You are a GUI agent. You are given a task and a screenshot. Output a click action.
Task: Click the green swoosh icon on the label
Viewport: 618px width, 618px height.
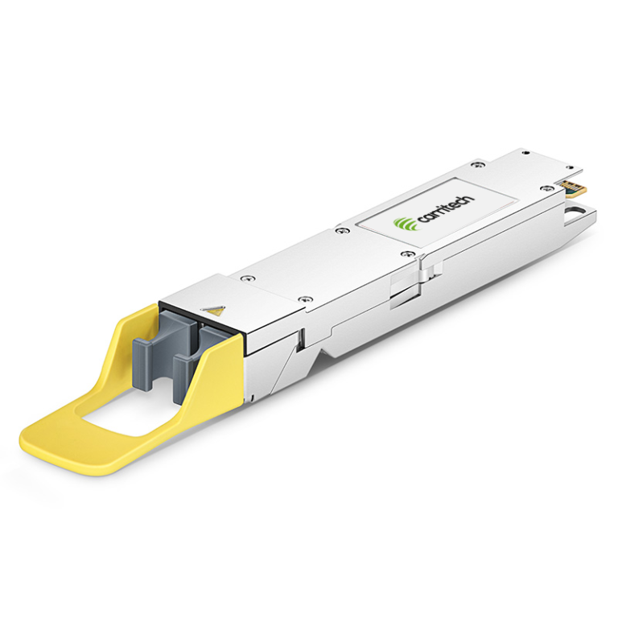click(403, 224)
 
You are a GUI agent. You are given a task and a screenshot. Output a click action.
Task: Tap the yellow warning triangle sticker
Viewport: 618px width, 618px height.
click(214, 310)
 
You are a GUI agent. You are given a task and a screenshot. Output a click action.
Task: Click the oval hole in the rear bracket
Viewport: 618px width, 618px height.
click(576, 215)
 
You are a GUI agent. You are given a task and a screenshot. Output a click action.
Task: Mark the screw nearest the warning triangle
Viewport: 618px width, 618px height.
click(249, 278)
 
